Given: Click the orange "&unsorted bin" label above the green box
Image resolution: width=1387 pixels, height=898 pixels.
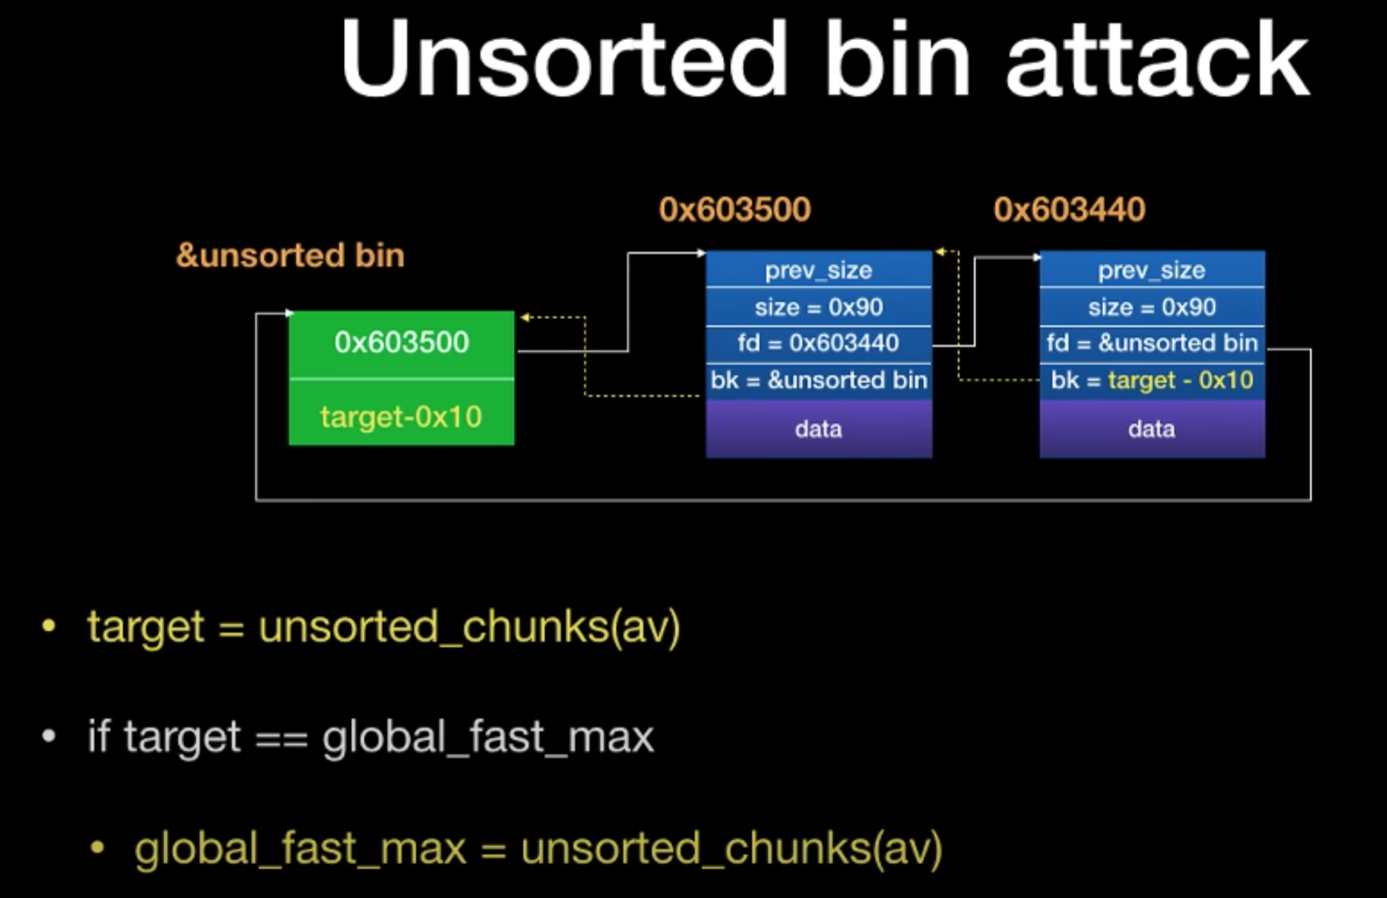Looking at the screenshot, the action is pyautogui.click(x=290, y=255).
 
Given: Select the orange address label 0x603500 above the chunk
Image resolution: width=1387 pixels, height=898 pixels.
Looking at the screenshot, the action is pyautogui.click(x=734, y=209).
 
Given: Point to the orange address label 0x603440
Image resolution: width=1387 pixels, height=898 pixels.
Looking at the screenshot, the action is pyautogui.click(x=1069, y=209).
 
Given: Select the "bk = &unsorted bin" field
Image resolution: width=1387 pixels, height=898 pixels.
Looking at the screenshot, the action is pyautogui.click(x=819, y=381).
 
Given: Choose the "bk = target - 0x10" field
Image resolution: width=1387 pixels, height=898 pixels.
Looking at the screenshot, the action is pyautogui.click(x=1152, y=381).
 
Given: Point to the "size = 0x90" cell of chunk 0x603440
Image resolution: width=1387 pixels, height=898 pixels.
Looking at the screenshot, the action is pyautogui.click(x=1152, y=307).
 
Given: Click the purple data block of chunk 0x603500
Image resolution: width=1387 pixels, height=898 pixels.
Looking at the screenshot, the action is pyautogui.click(x=819, y=429).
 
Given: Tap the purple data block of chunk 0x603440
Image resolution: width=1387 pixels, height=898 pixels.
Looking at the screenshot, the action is pyautogui.click(x=1152, y=429).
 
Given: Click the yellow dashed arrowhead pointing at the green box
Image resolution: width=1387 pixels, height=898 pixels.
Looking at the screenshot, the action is pyautogui.click(x=524, y=318).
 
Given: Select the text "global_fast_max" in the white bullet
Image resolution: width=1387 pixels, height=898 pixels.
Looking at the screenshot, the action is pyautogui.click(x=488, y=738).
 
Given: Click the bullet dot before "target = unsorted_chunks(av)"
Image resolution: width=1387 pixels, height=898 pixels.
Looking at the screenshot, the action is pyautogui.click(x=49, y=626).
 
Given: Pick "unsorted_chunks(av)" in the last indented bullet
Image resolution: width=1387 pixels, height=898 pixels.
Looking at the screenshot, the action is pyautogui.click(x=731, y=848).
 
